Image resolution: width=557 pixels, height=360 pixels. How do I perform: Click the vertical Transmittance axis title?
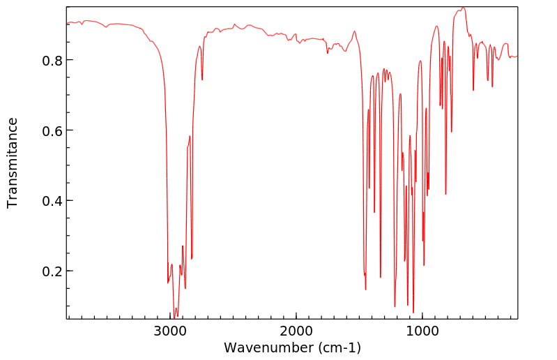point(13,163)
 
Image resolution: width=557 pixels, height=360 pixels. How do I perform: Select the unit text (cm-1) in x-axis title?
point(333,347)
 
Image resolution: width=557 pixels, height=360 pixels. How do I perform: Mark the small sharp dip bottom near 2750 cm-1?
point(202,80)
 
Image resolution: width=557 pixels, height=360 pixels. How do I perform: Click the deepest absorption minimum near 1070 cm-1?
point(413,313)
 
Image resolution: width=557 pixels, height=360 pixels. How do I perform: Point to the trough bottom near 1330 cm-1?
point(381,278)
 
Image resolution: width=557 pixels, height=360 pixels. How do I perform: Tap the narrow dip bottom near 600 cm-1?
point(473,90)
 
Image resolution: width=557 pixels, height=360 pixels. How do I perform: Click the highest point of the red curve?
point(463,8)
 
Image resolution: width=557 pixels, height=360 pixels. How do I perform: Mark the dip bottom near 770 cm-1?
point(452,132)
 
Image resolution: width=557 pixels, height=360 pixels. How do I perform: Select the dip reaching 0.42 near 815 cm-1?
point(445,194)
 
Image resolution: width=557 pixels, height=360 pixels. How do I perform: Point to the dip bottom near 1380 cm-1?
point(374,212)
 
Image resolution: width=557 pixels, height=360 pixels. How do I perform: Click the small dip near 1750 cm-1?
point(328,54)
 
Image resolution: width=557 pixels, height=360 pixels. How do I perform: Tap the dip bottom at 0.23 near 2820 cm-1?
point(192,259)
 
